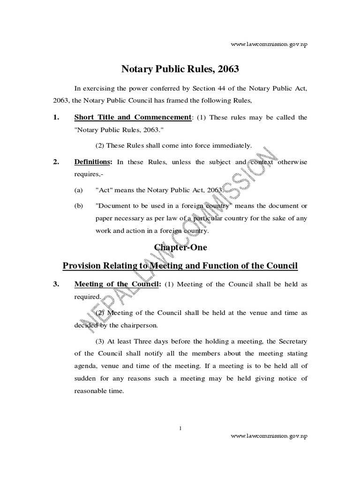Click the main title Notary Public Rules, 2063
pyautogui.click(x=180, y=70)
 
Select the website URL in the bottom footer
pyautogui.click(x=270, y=435)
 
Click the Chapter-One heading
pyautogui.click(x=180, y=247)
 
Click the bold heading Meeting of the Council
pyautogui.click(x=117, y=285)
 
